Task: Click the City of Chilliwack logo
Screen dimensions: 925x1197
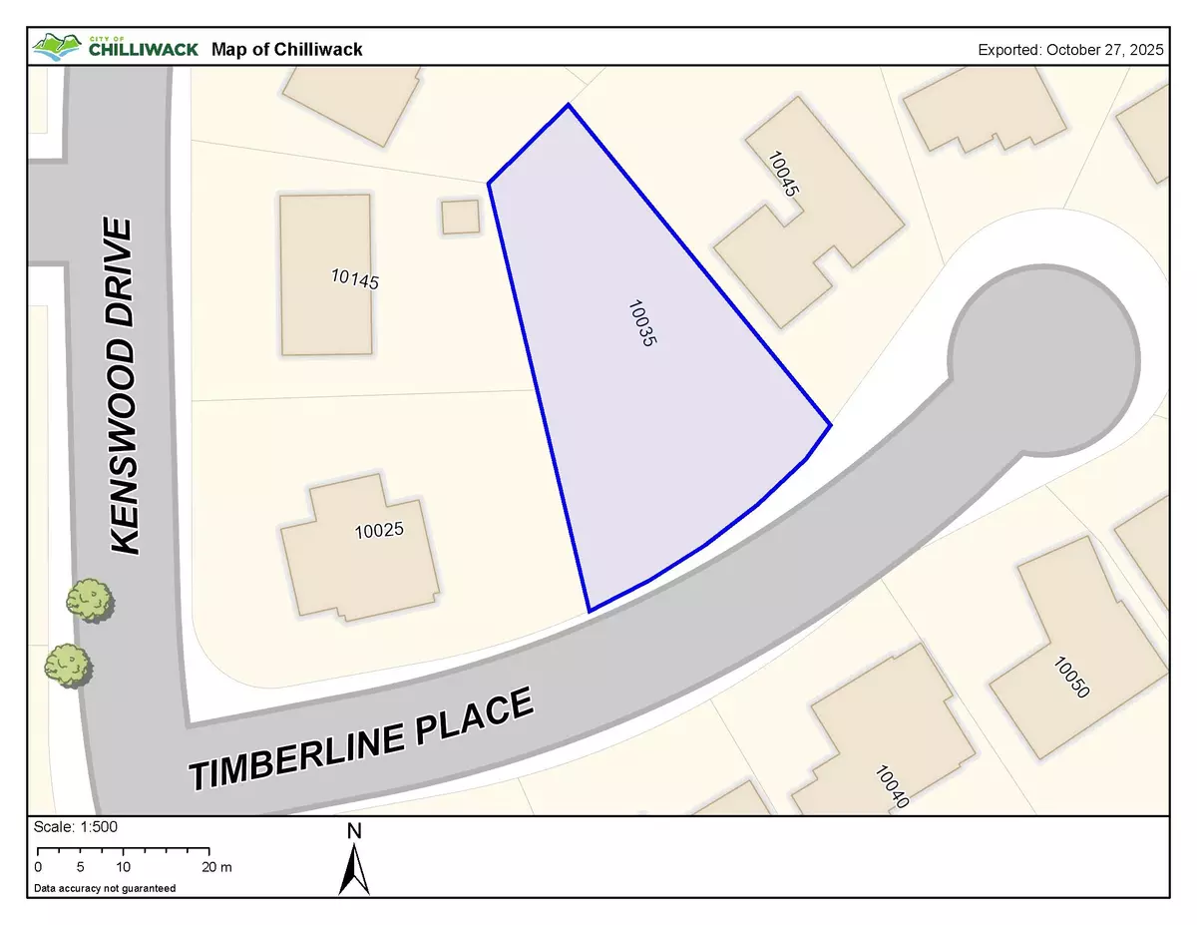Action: click(x=113, y=47)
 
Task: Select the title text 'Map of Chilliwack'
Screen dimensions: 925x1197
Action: click(x=287, y=49)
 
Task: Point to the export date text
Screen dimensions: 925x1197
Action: click(x=1070, y=49)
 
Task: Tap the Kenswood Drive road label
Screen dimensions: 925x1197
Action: click(x=122, y=386)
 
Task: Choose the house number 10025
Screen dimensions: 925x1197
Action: click(x=379, y=531)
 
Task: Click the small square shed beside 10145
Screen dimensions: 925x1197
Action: click(x=460, y=217)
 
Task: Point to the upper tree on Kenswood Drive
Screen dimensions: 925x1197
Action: click(x=90, y=600)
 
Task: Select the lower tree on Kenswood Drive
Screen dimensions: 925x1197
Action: click(x=68, y=664)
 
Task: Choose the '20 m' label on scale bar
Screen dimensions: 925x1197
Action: click(x=216, y=867)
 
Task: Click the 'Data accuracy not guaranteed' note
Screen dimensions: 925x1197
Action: click(x=105, y=888)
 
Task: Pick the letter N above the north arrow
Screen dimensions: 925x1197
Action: click(x=354, y=831)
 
